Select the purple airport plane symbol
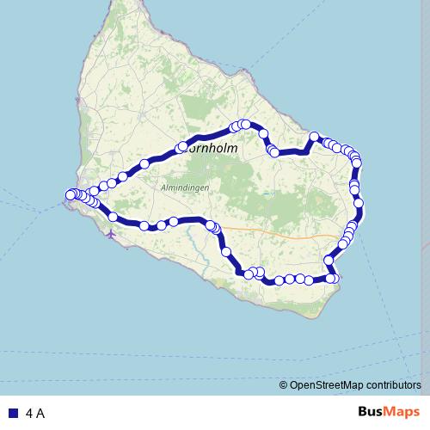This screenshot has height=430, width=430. pyautogui.click(x=111, y=232)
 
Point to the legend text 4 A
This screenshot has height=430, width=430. pyautogui.click(x=35, y=414)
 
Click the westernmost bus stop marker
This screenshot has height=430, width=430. pyautogui.click(x=71, y=195)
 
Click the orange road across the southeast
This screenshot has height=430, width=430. pyautogui.click(x=284, y=233)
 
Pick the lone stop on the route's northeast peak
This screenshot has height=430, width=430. pyautogui.click(x=315, y=136)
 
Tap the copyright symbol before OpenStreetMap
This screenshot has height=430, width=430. pyautogui.click(x=284, y=385)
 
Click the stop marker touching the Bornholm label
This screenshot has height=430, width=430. pyautogui.click(x=181, y=148)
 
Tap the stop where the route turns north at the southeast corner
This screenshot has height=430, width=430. pyautogui.click(x=332, y=278)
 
